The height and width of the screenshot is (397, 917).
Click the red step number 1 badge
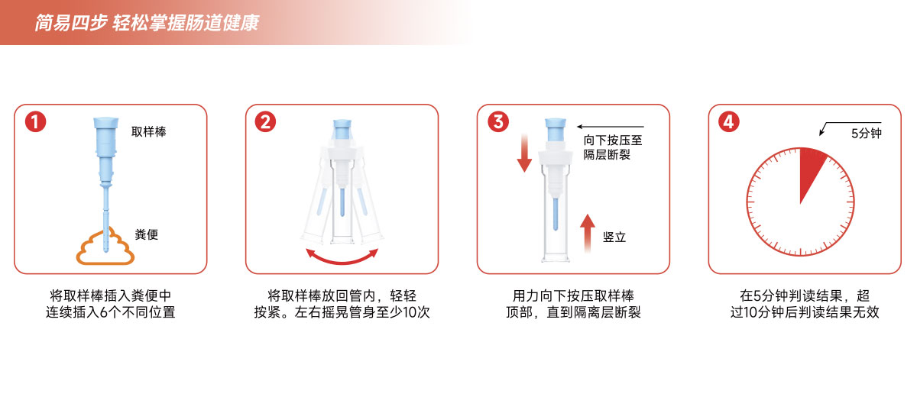(x=36, y=122)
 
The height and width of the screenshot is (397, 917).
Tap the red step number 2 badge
(x=265, y=122)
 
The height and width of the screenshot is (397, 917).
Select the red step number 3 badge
(x=498, y=121)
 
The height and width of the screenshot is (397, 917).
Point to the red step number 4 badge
(x=729, y=121)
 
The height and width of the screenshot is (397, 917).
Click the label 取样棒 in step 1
(x=148, y=131)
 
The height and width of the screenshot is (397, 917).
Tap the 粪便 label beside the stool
(x=146, y=234)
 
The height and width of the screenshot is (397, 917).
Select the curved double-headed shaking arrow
(x=342, y=261)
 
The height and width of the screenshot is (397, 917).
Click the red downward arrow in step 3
(x=524, y=153)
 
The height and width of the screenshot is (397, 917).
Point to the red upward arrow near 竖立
(x=588, y=233)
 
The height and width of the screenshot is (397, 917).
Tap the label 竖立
(x=614, y=237)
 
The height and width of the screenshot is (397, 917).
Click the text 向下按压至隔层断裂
(x=613, y=147)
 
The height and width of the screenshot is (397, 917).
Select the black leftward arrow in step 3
(x=611, y=127)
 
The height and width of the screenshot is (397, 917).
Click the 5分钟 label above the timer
(x=867, y=134)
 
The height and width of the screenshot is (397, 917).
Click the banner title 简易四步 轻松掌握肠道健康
(x=147, y=22)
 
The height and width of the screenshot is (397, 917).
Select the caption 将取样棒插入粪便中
(x=111, y=295)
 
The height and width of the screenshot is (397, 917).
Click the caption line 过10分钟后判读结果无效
(x=805, y=312)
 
